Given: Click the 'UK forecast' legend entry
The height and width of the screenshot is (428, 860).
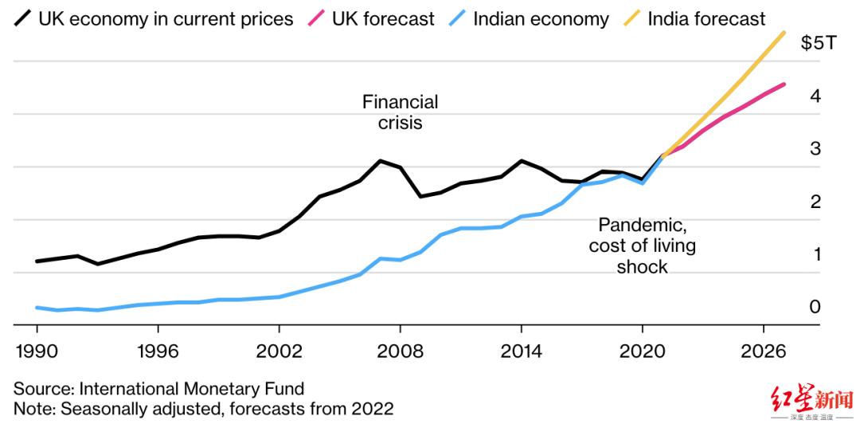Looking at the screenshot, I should point(383,18).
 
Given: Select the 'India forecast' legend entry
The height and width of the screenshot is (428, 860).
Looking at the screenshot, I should point(706,18).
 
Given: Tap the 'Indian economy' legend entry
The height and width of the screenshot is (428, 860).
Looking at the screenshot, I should point(541,18).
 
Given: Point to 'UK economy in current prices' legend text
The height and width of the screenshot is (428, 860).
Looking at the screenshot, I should point(166,18).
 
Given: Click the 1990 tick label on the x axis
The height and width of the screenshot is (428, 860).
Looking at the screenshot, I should point(37,351).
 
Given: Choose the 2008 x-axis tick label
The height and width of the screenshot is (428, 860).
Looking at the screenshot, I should point(400,351).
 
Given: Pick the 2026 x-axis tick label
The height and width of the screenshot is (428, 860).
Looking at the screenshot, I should point(764,351).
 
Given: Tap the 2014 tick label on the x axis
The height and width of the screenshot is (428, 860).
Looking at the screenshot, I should point(521,351).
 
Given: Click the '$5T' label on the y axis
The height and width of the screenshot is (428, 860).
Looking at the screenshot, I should point(819,43).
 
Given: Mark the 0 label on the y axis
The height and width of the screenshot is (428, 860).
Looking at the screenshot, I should point(815,307).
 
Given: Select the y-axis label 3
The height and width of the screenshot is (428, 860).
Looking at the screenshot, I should point(815,149).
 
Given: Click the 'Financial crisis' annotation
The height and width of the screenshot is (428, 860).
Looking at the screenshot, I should point(400,112).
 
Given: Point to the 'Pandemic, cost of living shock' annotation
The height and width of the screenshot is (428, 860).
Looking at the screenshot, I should point(642,245).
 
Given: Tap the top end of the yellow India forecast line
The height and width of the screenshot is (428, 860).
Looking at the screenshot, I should point(784,33).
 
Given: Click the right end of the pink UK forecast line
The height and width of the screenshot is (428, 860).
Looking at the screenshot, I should point(784,84).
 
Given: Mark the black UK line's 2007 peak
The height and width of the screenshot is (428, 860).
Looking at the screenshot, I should point(380,161).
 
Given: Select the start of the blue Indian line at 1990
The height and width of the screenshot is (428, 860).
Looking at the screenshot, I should point(37,308).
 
